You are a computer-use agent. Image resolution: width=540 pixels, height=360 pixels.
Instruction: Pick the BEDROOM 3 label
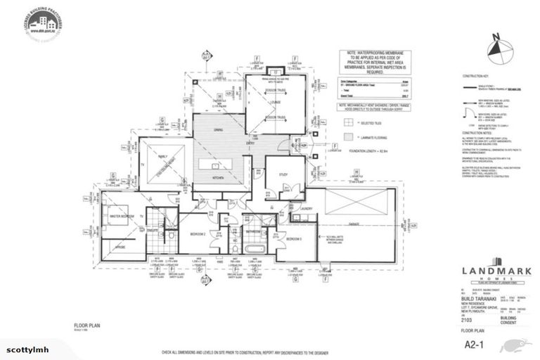tap(294, 239)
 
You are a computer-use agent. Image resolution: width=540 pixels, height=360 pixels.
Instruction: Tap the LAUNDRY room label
tap(304, 208)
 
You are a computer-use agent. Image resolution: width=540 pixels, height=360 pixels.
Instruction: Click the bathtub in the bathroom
tap(254, 247)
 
